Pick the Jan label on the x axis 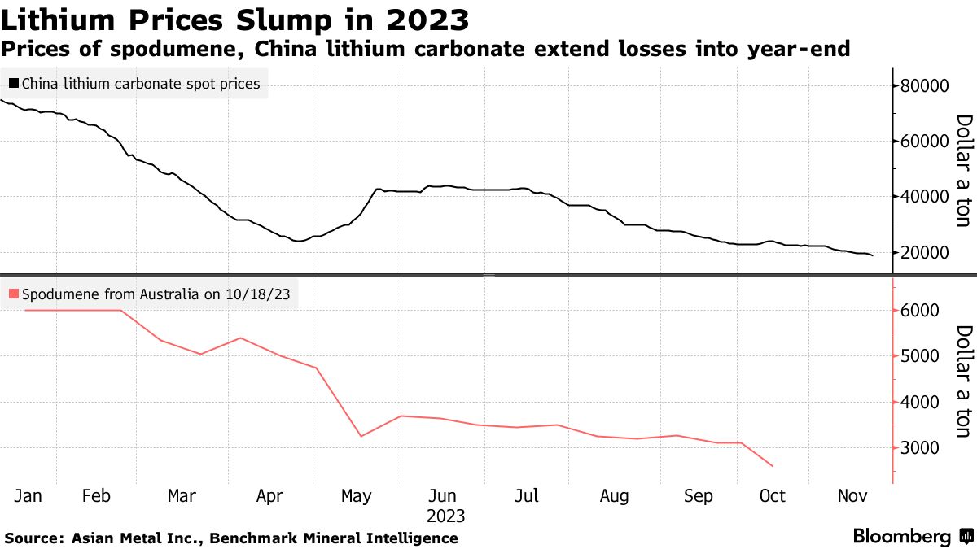[29, 495]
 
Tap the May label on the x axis [356, 495]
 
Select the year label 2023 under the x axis [445, 516]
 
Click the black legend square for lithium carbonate [14, 83]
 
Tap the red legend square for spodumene [14, 294]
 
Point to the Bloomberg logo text [901, 537]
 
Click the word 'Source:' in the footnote [34, 538]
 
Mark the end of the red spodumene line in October [772, 466]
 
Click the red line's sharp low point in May [360, 437]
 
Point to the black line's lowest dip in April [299, 241]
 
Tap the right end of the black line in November [873, 256]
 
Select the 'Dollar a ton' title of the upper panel [963, 171]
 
